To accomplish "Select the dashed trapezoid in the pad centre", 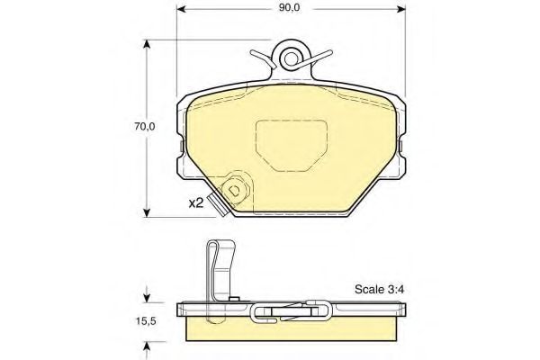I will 292,143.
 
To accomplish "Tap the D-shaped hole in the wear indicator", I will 235,191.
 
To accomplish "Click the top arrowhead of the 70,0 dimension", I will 146,45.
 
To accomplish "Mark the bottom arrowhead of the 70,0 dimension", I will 146,213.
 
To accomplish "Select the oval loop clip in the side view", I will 292,313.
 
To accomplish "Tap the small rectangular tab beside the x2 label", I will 214,201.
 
